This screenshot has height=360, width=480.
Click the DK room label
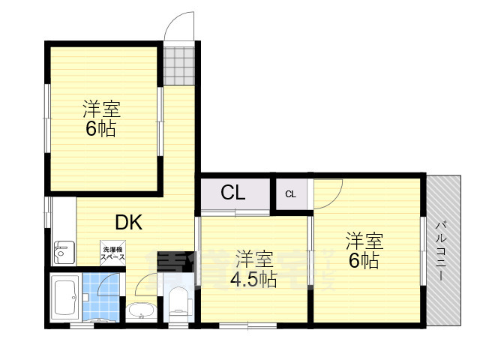click(128, 222)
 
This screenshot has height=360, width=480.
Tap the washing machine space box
click(112, 253)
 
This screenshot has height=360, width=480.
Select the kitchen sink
click(62, 253)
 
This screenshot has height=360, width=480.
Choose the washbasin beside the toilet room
click(139, 310)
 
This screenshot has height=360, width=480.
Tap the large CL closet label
click(232, 193)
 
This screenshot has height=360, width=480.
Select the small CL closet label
click(290, 195)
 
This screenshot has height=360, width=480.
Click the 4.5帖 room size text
click(253, 279)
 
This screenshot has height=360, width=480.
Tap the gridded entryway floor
click(179, 66)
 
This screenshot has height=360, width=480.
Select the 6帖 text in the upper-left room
click(100, 128)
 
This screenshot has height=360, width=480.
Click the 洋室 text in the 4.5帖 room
click(253, 260)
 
